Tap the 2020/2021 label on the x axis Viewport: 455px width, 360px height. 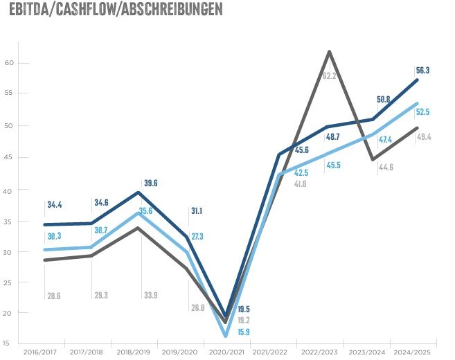point(226,352)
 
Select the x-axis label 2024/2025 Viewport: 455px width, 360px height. point(413,352)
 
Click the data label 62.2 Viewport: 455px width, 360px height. point(330,75)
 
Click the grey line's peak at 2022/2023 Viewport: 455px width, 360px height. point(329,51)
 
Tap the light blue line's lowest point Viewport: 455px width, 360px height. point(226,335)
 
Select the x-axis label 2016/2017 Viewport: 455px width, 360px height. point(40,352)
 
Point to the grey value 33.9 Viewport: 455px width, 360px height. point(148,295)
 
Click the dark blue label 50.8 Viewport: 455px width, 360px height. point(383,100)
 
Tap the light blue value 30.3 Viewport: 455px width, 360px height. point(54,235)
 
